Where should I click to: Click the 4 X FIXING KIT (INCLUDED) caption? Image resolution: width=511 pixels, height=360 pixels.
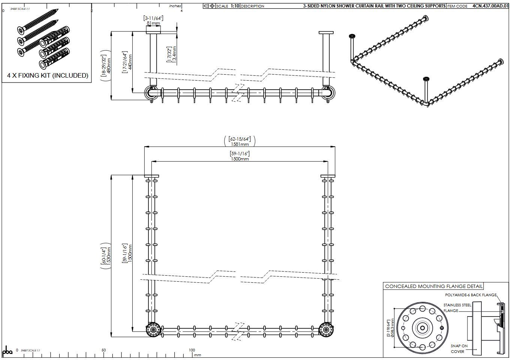[x=48, y=75]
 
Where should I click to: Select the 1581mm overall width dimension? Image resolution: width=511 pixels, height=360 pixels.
[x=240, y=144]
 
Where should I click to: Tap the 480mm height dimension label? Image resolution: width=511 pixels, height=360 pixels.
[x=109, y=66]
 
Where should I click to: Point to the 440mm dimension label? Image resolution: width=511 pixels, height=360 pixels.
[x=130, y=62]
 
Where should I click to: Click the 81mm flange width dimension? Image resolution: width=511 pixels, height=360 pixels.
[x=153, y=23]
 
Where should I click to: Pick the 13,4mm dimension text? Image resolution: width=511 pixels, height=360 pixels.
[x=174, y=55]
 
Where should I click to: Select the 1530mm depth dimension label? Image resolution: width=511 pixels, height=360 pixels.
[x=109, y=255]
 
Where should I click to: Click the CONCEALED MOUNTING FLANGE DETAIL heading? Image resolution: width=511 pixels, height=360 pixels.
[x=434, y=286]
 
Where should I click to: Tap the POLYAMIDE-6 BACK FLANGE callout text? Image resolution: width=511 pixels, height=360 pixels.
[x=471, y=295]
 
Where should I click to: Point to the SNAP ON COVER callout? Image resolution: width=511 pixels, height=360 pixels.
[x=459, y=349]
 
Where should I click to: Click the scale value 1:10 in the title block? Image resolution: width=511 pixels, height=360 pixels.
[x=235, y=6]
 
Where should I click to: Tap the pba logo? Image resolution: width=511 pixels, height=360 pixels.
[x=7, y=351]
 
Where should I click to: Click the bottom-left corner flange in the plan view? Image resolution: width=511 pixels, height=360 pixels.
[x=153, y=329]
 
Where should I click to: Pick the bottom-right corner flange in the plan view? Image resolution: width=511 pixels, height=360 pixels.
[x=326, y=329]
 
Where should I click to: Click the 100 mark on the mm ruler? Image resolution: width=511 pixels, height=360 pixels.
[x=192, y=350]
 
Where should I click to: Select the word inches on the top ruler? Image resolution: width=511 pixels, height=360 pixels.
[x=175, y=6]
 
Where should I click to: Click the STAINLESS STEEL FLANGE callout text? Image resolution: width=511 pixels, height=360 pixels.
[x=457, y=308]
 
